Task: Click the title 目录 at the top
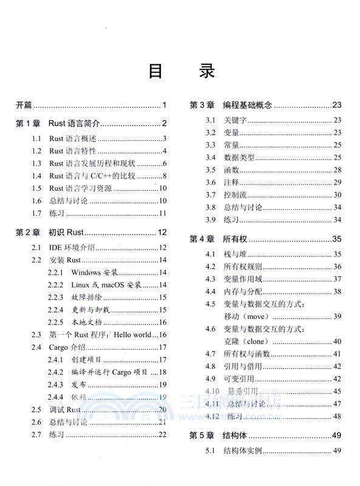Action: pos(180,71)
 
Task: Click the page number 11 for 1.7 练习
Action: pos(163,213)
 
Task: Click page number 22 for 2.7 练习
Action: pos(162,434)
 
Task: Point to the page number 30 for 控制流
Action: pos(338,194)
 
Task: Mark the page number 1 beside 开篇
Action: pos(165,105)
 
